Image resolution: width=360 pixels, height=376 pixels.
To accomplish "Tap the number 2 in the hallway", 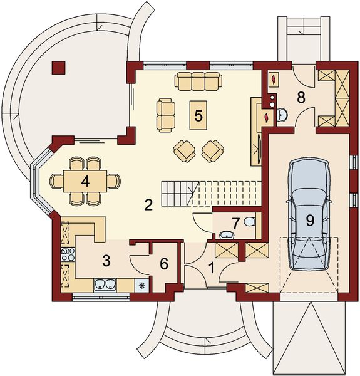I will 148,204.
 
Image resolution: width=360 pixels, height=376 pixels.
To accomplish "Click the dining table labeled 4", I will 85,181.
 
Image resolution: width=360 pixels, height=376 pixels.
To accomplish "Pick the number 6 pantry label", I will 164,264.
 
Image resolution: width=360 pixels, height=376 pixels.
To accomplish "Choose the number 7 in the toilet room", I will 236,223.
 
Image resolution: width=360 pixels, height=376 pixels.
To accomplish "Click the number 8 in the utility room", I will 301,97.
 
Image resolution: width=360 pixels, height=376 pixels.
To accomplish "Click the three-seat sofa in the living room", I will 198,81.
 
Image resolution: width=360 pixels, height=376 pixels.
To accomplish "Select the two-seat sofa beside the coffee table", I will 166,114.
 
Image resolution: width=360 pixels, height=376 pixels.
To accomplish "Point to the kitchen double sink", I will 105,285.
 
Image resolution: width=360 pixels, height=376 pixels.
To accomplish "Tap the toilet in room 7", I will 250,222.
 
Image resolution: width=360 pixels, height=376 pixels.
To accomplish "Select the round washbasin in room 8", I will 283,114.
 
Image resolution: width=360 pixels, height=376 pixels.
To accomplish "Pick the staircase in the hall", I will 210,192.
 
